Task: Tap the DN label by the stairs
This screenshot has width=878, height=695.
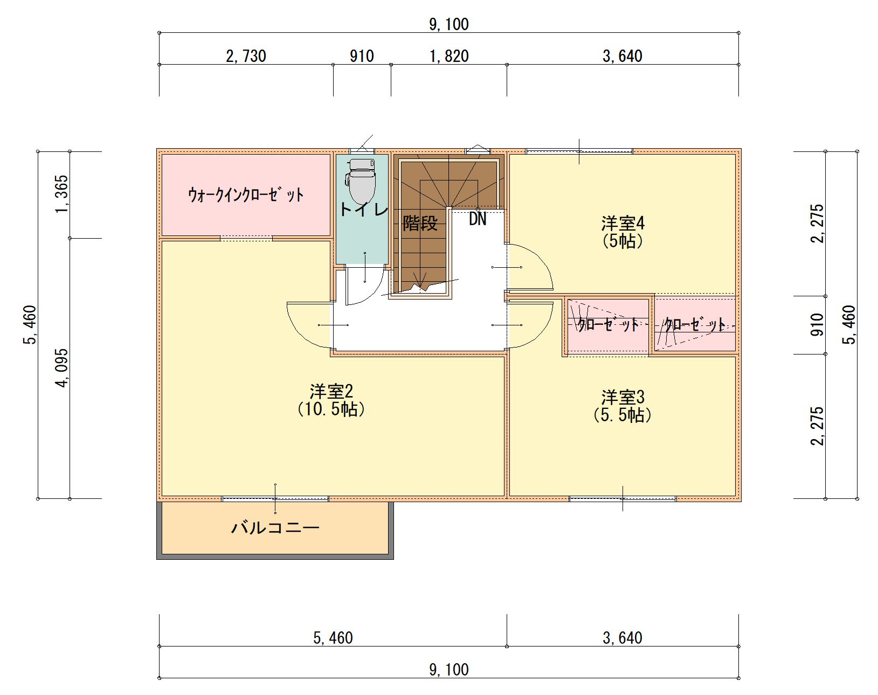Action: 478,219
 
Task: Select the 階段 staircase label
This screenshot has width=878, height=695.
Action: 420,223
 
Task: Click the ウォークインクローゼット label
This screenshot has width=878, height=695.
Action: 246,195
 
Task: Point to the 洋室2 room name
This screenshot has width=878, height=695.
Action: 331,392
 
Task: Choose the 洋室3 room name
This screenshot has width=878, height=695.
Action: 623,397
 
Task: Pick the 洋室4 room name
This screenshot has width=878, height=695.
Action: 623,224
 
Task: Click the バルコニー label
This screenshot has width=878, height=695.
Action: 275,528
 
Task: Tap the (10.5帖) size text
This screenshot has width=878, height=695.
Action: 331,409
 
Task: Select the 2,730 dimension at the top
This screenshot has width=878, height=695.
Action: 246,56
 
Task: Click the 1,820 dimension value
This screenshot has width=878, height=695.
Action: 449,56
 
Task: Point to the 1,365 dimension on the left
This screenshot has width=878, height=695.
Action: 62,194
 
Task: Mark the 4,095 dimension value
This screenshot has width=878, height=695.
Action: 62,369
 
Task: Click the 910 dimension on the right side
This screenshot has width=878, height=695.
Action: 817,325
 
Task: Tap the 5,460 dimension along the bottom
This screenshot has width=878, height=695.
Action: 333,638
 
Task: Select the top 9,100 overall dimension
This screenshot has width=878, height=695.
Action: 449,24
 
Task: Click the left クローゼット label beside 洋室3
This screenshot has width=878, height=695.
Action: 608,325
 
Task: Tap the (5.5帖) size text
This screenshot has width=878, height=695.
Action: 623,415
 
